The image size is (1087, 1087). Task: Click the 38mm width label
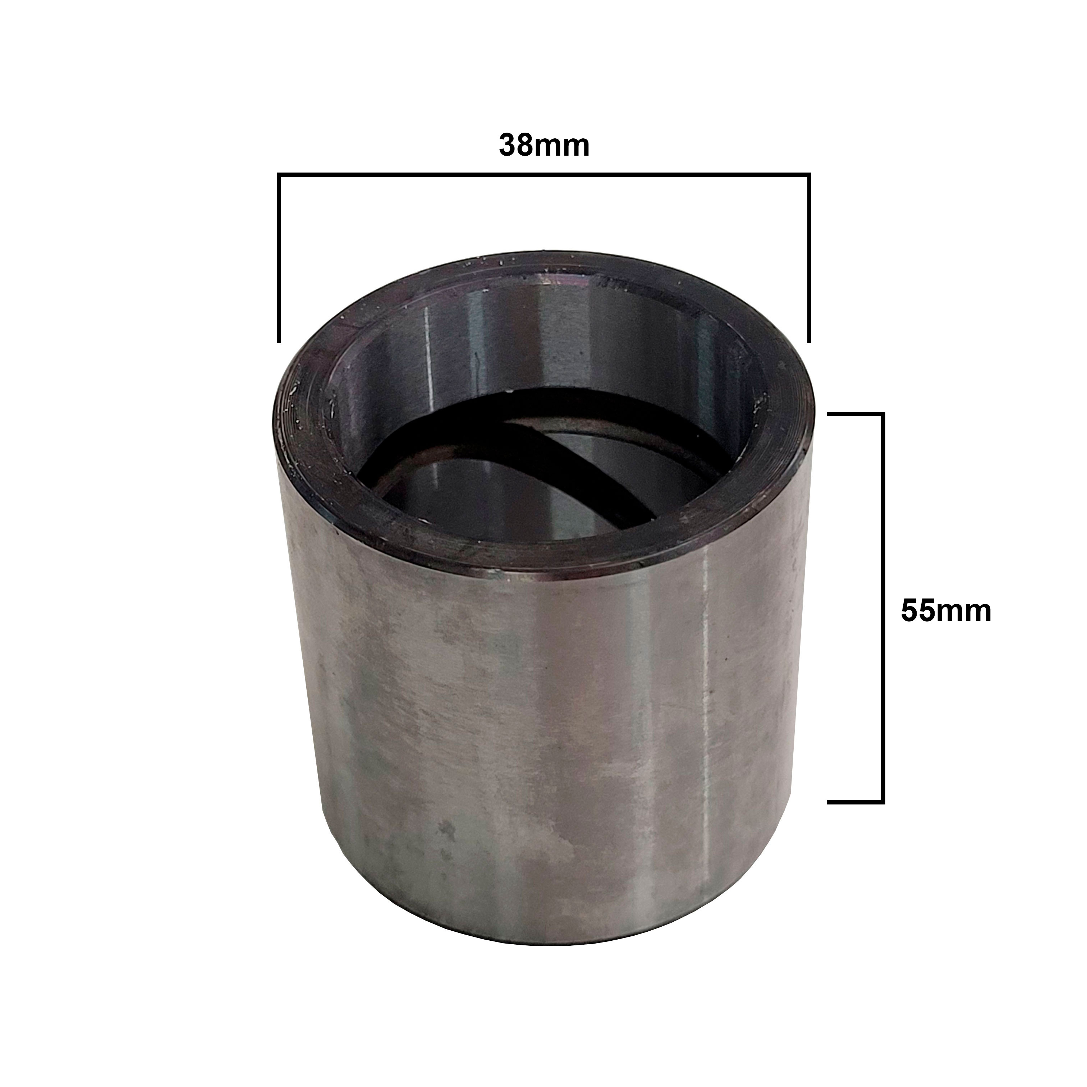click(544, 146)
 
